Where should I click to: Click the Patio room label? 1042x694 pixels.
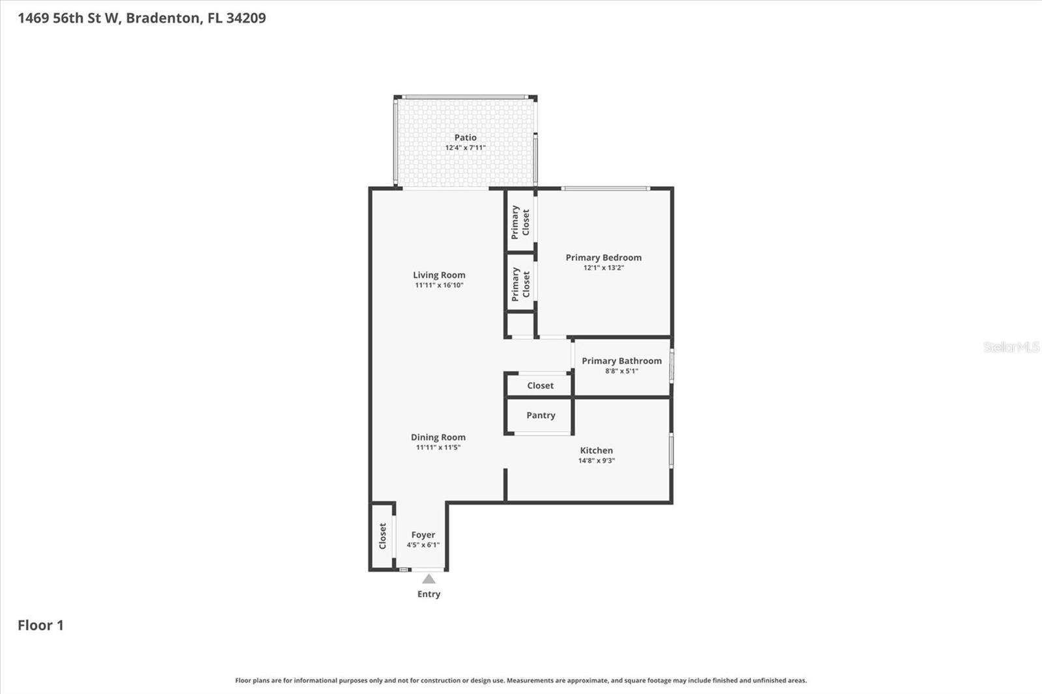click(x=465, y=137)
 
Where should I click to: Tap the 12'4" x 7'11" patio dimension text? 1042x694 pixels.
click(x=465, y=148)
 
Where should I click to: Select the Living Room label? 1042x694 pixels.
click(x=439, y=275)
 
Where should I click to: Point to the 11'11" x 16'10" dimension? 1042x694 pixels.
click(x=439, y=285)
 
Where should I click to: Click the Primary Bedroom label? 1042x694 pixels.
click(x=603, y=257)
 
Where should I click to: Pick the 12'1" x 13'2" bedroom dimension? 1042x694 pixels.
click(x=603, y=268)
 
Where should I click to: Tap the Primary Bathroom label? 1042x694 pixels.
click(x=621, y=361)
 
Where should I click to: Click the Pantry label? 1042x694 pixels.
click(x=541, y=415)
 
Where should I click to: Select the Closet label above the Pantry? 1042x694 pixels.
click(x=541, y=385)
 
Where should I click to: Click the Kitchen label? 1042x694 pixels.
click(x=596, y=450)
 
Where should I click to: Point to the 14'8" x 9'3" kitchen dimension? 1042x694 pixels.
click(x=596, y=460)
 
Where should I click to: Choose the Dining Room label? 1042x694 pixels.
click(x=438, y=437)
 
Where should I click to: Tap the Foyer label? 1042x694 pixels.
click(x=423, y=534)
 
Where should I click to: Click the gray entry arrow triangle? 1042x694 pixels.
click(x=429, y=579)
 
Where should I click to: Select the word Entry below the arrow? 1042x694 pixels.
click(x=429, y=594)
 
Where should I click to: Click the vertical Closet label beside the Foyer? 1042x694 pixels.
click(x=382, y=536)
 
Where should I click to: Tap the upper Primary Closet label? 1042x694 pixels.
click(x=520, y=222)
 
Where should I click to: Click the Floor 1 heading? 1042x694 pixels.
click(x=40, y=625)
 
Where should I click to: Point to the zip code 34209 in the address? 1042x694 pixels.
click(x=246, y=18)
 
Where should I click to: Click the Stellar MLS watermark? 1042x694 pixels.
click(x=1011, y=347)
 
